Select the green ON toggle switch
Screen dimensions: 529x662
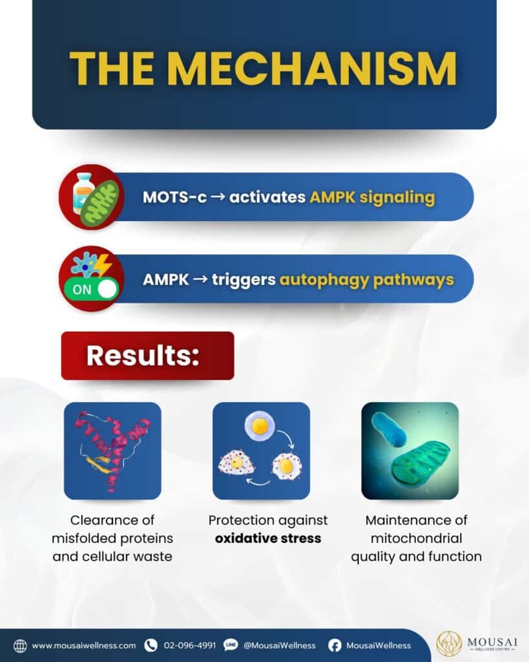pyautogui.click(x=90, y=289)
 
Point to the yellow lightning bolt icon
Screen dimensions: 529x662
pyautogui.click(x=103, y=264)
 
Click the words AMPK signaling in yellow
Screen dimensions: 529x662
pyautogui.click(x=372, y=197)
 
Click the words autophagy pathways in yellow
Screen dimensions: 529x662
pyautogui.click(x=367, y=279)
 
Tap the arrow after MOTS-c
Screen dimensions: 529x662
pyautogui.click(x=218, y=197)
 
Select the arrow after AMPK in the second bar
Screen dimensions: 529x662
pyautogui.click(x=200, y=279)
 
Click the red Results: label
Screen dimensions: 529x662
pyautogui.click(x=148, y=356)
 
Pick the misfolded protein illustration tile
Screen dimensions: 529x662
pyautogui.click(x=112, y=451)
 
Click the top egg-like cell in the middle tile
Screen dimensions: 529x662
pyautogui.click(x=260, y=426)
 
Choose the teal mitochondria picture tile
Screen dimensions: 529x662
pyautogui.click(x=410, y=451)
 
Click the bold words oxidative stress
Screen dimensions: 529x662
pyautogui.click(x=268, y=539)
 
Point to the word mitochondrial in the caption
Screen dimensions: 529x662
pyautogui.click(x=417, y=539)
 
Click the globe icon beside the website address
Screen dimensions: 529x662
pyautogui.click(x=20, y=646)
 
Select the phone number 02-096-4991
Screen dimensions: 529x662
pyautogui.click(x=189, y=646)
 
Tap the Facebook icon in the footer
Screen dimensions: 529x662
pyautogui.click(x=335, y=646)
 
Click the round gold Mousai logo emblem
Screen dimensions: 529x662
pyautogui.click(x=449, y=645)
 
